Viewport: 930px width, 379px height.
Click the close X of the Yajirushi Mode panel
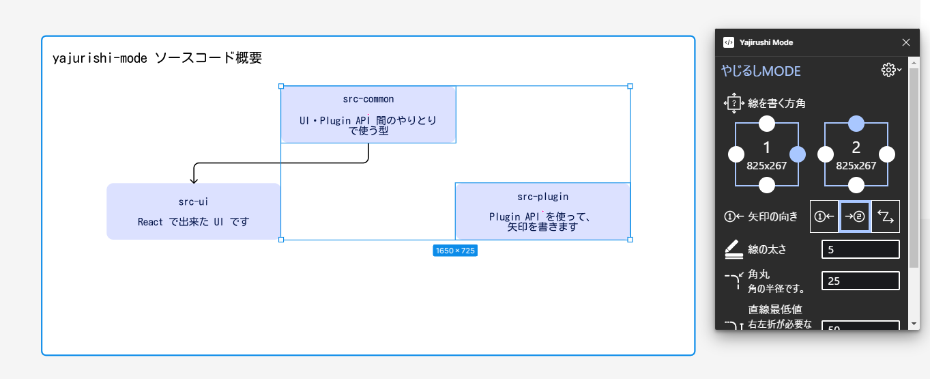tap(906, 42)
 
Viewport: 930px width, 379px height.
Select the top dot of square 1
tap(767, 124)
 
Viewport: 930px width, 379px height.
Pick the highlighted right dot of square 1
tap(798, 154)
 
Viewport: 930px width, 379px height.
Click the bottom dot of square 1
tap(767, 185)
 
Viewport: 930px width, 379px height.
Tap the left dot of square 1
tap(736, 154)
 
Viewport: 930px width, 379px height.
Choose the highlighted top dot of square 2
tap(856, 124)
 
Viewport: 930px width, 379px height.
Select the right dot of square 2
tap(887, 154)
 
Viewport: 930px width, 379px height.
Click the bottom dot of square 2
tap(856, 185)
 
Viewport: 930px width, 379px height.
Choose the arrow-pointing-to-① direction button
tap(824, 216)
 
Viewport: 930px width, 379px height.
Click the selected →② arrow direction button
tap(854, 216)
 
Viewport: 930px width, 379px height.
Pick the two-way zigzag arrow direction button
tap(886, 216)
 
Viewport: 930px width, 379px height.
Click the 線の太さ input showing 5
tap(860, 250)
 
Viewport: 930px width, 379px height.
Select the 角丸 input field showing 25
tap(860, 281)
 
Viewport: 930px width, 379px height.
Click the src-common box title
tap(368, 99)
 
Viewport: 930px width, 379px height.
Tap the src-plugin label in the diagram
tap(542, 197)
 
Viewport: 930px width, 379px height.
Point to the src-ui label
tap(193, 201)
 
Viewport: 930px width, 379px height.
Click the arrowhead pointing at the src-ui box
tap(194, 180)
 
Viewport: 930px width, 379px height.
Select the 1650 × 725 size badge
tap(455, 251)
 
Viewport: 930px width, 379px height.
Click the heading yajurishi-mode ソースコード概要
tap(157, 58)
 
